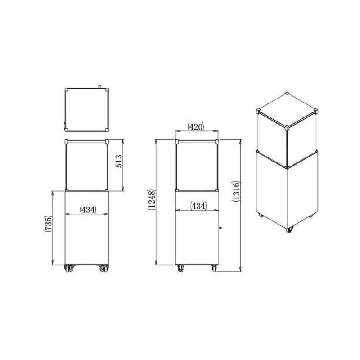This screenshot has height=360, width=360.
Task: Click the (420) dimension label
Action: click(x=197, y=127)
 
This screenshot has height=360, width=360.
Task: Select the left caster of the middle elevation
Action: click(x=180, y=269)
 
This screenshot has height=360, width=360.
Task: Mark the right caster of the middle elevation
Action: click(x=213, y=269)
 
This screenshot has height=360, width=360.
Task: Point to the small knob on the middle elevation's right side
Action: click(x=220, y=228)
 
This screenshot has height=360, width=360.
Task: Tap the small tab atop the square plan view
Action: click(x=99, y=86)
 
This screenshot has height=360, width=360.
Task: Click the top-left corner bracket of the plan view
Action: click(x=67, y=90)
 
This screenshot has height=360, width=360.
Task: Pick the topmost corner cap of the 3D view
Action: click(x=287, y=94)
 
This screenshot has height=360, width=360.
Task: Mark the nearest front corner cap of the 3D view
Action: click(x=287, y=126)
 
